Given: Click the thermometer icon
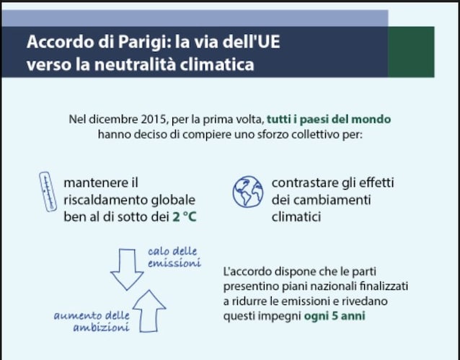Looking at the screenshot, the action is (x=48, y=191).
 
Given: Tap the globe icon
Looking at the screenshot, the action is (x=248, y=192).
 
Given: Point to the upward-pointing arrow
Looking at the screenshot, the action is (x=149, y=311).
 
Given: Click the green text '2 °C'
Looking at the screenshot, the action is (x=185, y=217).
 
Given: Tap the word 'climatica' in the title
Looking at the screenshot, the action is (x=217, y=64).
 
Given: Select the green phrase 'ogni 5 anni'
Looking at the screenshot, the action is (x=335, y=316).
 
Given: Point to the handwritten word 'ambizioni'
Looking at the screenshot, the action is (x=101, y=327).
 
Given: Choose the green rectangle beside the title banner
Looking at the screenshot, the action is (x=411, y=52).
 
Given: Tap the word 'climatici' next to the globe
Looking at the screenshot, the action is (x=296, y=217).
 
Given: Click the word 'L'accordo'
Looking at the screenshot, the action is (x=247, y=271).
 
